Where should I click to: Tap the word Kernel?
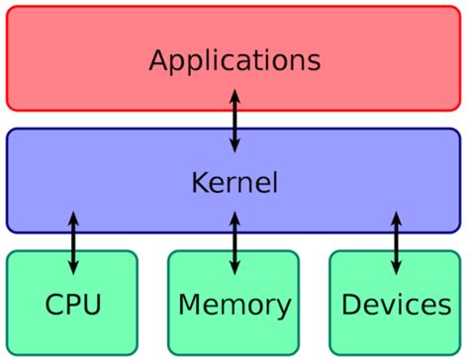[x=234, y=183]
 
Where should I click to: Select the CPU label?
[x=72, y=304]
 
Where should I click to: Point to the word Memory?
[x=234, y=304]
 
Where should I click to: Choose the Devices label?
[x=396, y=304]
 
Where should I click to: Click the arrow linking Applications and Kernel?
[x=234, y=120]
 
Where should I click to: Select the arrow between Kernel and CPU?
[x=73, y=242]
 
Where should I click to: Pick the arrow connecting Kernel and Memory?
[x=234, y=242]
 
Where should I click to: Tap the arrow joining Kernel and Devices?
[x=397, y=242]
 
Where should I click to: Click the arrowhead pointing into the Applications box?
[x=234, y=96]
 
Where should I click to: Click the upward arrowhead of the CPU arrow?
[x=73, y=218]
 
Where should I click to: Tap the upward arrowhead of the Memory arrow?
[x=234, y=218]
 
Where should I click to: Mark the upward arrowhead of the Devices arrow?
[x=397, y=218]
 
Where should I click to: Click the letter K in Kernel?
[x=198, y=183]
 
